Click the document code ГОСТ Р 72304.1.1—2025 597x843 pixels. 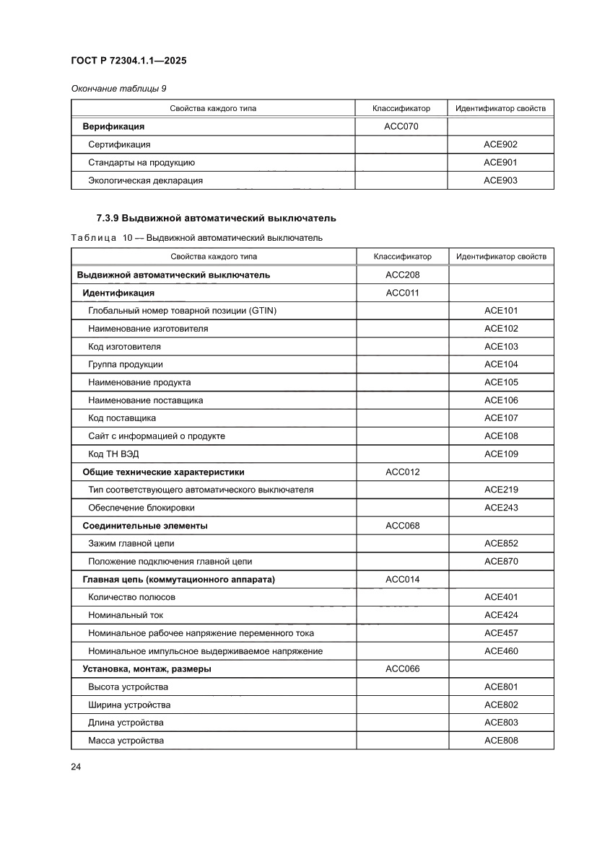(x=129, y=61)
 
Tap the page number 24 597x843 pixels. (x=76, y=766)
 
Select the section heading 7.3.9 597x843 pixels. (x=217, y=218)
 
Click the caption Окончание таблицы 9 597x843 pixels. (x=118, y=89)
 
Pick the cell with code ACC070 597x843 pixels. (x=401, y=127)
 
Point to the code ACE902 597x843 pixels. (x=500, y=145)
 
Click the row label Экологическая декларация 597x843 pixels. (x=145, y=181)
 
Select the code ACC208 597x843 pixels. (x=402, y=275)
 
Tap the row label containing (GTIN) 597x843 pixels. (x=182, y=311)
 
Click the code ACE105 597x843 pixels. (x=501, y=382)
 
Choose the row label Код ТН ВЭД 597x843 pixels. (x=116, y=454)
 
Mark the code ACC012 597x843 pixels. (x=402, y=472)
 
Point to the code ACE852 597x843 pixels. (x=501, y=544)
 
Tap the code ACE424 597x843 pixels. (x=501, y=615)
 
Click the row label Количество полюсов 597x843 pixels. (x=131, y=597)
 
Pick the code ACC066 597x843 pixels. (x=402, y=668)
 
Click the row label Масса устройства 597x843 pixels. (x=126, y=741)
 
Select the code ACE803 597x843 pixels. (x=501, y=723)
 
